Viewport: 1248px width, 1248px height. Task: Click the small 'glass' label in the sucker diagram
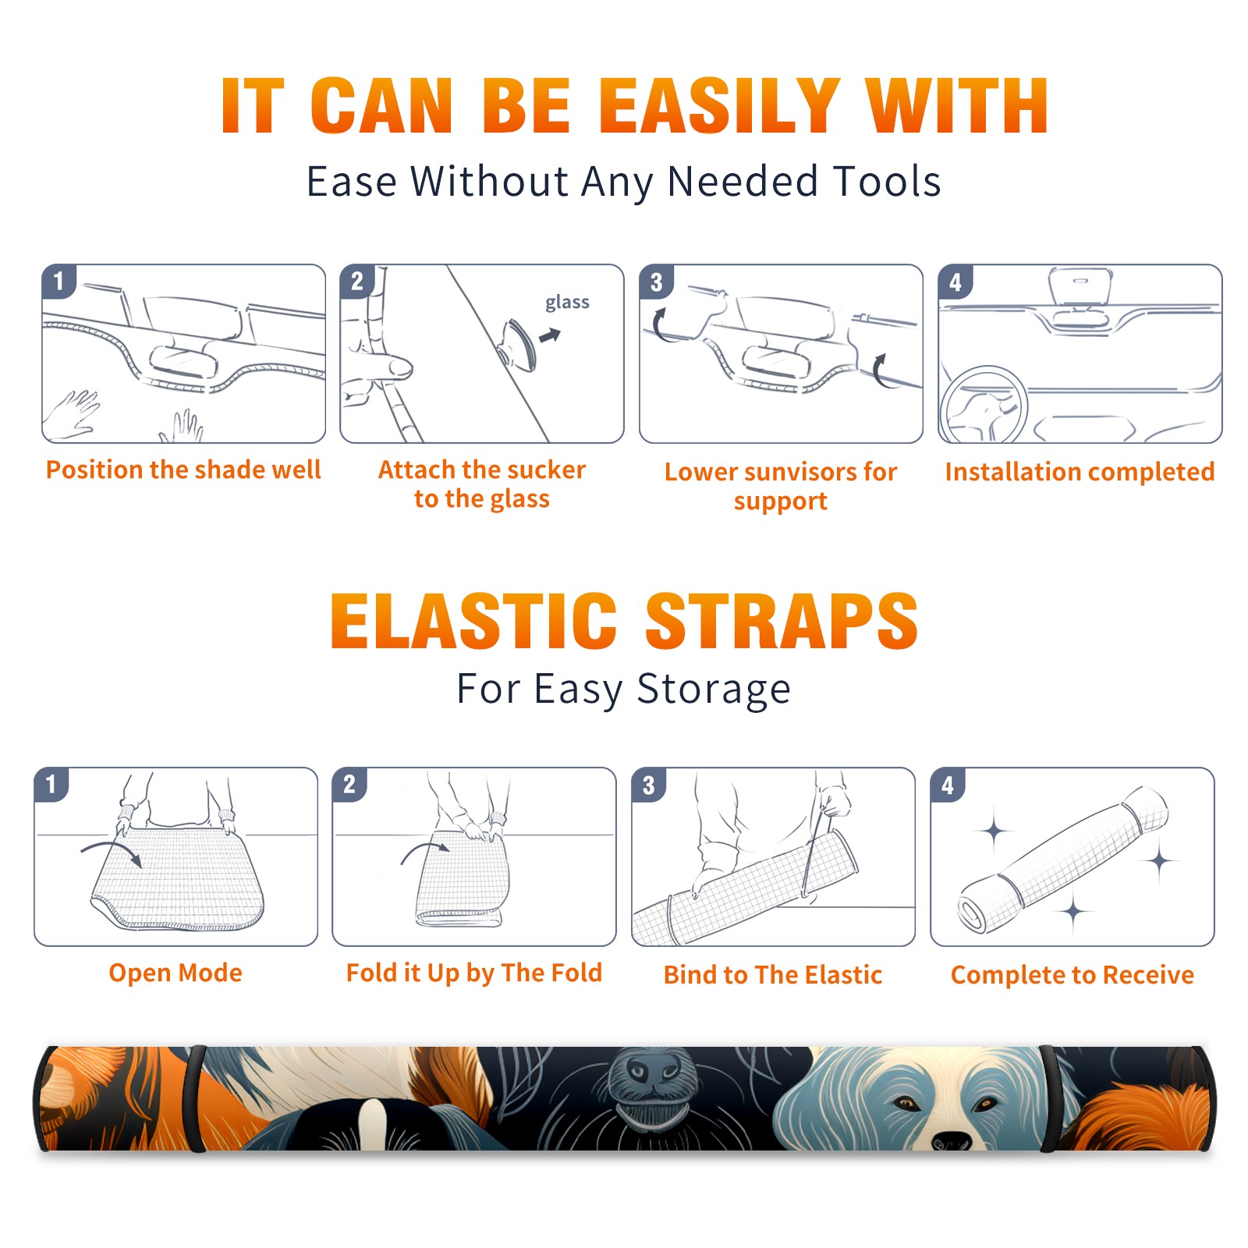click(567, 302)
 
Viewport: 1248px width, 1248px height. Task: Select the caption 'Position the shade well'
click(183, 470)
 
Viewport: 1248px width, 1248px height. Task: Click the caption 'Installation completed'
click(1080, 472)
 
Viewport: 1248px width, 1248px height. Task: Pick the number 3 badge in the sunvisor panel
click(656, 282)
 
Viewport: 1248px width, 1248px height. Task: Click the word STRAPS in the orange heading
click(782, 621)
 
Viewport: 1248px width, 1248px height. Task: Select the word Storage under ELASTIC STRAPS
click(714, 690)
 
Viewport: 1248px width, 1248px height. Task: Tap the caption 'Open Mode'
click(175, 973)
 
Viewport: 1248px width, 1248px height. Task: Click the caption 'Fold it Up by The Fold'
click(474, 973)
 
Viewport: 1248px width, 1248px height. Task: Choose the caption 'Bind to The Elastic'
click(773, 975)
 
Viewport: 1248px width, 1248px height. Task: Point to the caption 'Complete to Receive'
click(1072, 975)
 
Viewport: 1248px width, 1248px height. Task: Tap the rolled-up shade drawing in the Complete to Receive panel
click(1063, 860)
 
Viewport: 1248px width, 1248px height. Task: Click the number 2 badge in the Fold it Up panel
click(349, 785)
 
